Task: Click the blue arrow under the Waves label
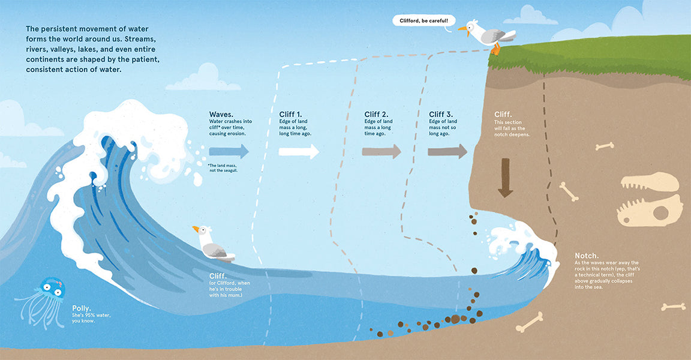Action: (x=229, y=152)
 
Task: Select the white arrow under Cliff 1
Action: (x=299, y=152)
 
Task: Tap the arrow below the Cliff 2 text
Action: (x=381, y=152)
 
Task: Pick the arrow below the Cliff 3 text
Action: (x=447, y=152)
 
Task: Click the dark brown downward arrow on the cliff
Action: (x=506, y=178)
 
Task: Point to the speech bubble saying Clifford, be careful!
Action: (x=424, y=21)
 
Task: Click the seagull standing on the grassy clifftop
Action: (x=488, y=36)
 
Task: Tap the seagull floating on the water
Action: (x=212, y=245)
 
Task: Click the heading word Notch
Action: (x=587, y=256)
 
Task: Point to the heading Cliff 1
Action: (x=290, y=115)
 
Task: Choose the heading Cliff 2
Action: (x=376, y=115)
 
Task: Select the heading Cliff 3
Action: (x=441, y=115)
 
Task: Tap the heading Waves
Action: (x=221, y=115)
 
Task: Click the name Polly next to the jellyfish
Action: (x=82, y=308)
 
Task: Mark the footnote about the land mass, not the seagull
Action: (x=223, y=168)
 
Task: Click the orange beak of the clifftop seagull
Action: (x=462, y=29)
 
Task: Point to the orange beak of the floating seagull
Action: (x=196, y=229)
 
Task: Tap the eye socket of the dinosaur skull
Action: (x=660, y=213)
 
